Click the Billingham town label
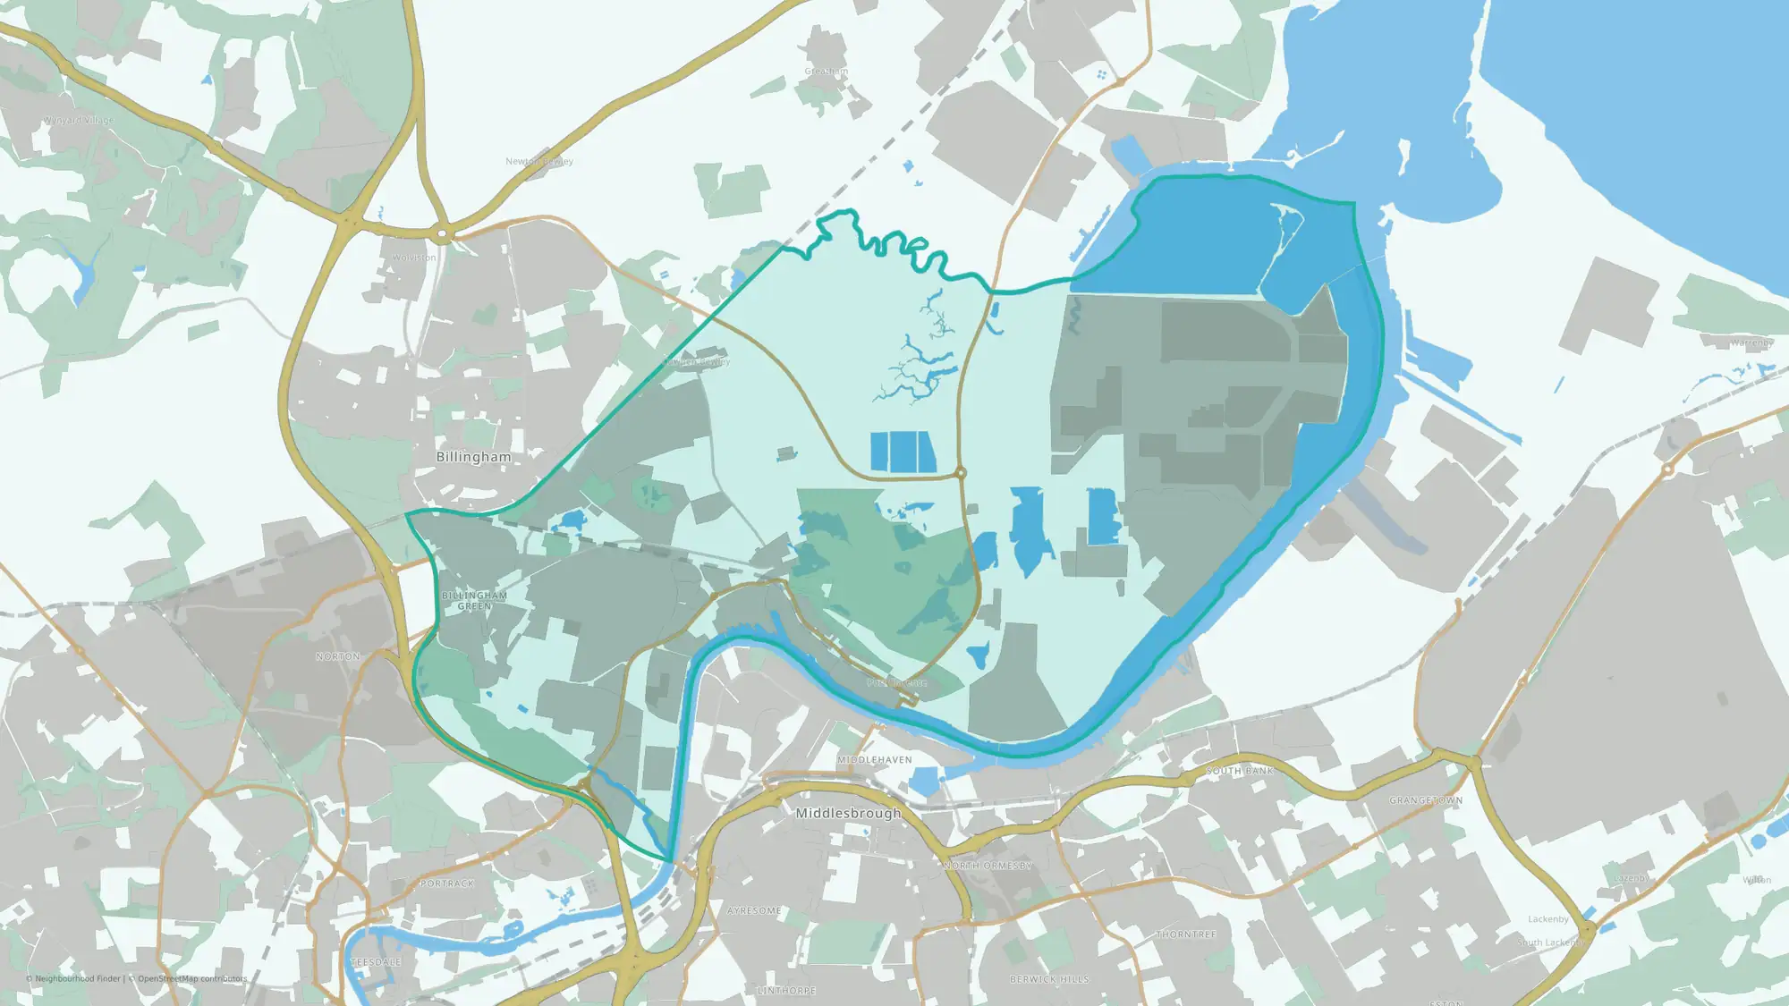[x=473, y=457]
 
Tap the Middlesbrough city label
[x=848, y=813]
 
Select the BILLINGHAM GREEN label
[x=474, y=601]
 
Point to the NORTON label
[x=338, y=656]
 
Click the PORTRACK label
[x=447, y=883]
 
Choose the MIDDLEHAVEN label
[x=875, y=760]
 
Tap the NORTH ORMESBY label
[x=988, y=866]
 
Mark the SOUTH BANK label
[x=1239, y=771]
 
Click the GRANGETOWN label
[x=1426, y=800]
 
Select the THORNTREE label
[x=1186, y=934]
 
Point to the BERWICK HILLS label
[x=1049, y=979]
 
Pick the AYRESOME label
[x=754, y=910]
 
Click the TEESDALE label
[x=376, y=962]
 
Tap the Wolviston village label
[x=414, y=258]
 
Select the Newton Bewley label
[x=538, y=162]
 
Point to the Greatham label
[x=826, y=72]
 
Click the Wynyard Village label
[x=79, y=120]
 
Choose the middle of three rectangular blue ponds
[x=902, y=452]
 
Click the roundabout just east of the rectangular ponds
[x=961, y=472]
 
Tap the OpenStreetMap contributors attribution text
[x=191, y=978]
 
